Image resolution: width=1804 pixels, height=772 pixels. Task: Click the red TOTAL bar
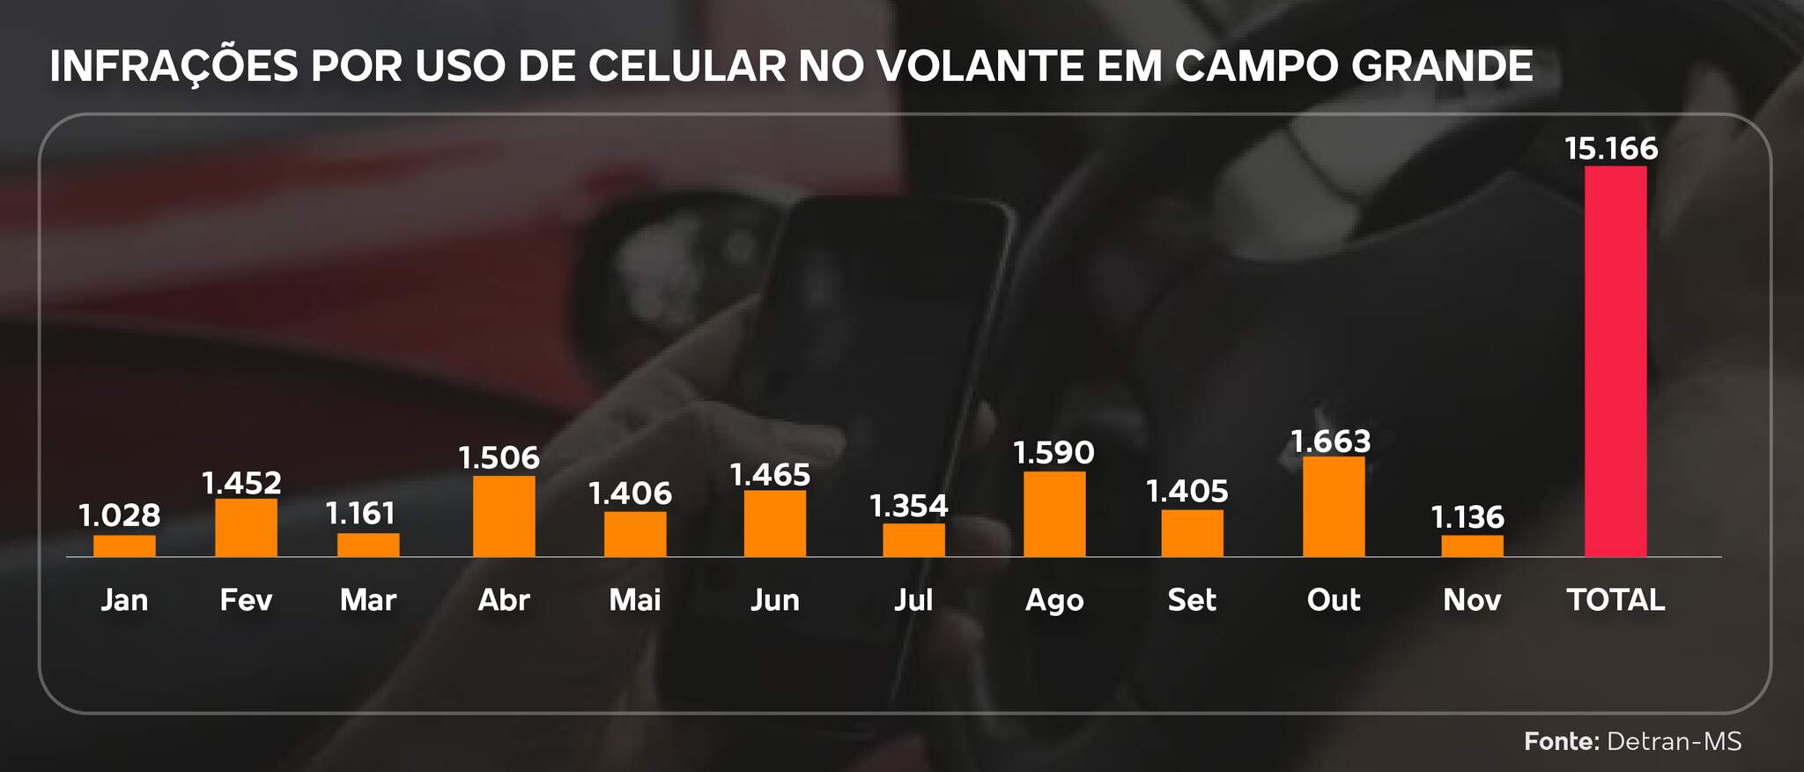pyautogui.click(x=1615, y=361)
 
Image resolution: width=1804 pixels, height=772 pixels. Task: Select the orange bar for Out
pyautogui.click(x=1334, y=507)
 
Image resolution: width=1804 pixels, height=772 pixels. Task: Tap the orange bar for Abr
pyautogui.click(x=504, y=516)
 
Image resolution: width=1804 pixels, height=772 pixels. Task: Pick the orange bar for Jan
pyautogui.click(x=124, y=546)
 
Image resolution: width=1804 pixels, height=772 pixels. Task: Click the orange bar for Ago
pyautogui.click(x=1054, y=514)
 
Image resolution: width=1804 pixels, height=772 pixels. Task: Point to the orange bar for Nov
pyautogui.click(x=1472, y=546)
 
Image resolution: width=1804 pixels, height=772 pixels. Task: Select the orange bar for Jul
pyautogui.click(x=913, y=540)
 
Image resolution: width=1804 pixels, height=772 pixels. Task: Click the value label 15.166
pyautogui.click(x=1611, y=148)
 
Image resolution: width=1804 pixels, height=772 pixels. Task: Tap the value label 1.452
pyautogui.click(x=241, y=483)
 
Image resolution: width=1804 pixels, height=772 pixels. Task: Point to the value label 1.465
pyautogui.click(x=770, y=475)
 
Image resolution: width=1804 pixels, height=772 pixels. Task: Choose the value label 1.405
pyautogui.click(x=1187, y=491)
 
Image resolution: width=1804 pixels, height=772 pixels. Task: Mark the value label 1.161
pyautogui.click(x=361, y=513)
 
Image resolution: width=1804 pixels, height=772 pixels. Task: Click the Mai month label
pyautogui.click(x=635, y=600)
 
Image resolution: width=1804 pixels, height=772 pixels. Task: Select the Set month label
pyautogui.click(x=1192, y=600)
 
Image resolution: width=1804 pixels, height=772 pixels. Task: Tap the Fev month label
pyautogui.click(x=246, y=600)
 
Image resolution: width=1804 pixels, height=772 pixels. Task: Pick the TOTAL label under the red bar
pyautogui.click(x=1615, y=600)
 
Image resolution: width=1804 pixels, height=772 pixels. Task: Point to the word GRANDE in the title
pyautogui.click(x=1442, y=66)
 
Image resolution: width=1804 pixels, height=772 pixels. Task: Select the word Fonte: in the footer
pyautogui.click(x=1561, y=741)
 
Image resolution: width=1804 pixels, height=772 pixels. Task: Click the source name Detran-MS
pyautogui.click(x=1675, y=741)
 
